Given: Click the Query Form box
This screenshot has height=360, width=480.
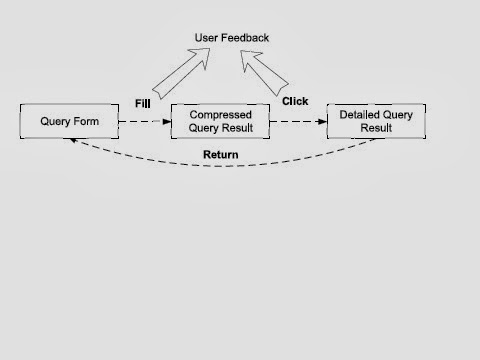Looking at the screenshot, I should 68,122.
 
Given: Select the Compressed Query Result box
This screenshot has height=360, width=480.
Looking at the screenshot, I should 220,122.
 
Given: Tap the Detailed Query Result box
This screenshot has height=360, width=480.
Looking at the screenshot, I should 377,122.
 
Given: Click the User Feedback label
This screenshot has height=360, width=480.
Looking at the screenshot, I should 231,38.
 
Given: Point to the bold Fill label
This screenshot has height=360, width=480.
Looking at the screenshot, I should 142,103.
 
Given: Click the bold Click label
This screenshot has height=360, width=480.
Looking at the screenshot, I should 295,101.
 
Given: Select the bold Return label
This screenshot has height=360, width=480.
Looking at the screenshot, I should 220,154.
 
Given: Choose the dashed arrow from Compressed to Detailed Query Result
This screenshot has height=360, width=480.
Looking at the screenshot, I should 297,122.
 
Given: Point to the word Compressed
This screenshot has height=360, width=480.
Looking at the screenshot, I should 220,115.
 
